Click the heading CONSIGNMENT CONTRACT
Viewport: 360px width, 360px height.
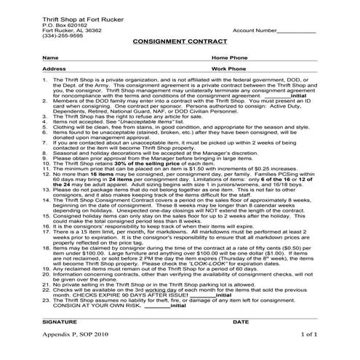180,43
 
